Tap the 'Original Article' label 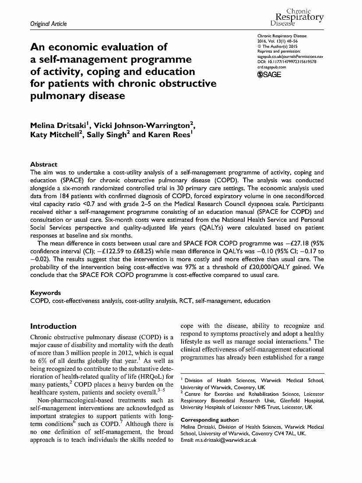[x=49, y=24]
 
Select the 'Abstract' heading [x=43, y=164]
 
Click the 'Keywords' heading [x=45, y=292]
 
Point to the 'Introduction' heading [x=53, y=326]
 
